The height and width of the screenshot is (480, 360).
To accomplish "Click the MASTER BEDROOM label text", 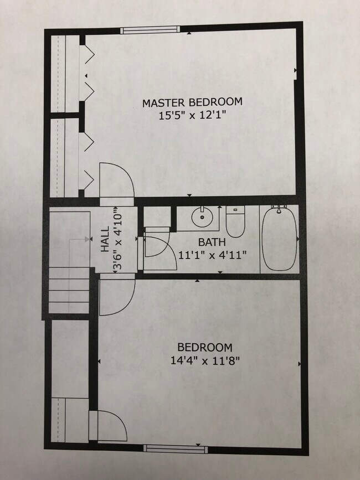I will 192,102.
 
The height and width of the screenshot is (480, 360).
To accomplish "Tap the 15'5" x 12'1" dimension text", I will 192,116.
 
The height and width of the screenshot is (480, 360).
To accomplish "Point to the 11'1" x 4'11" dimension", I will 212,255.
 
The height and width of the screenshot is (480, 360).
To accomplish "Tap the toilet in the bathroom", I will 235,224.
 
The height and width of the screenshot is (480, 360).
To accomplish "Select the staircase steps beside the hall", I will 68,290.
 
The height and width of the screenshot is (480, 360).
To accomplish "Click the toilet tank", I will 235,210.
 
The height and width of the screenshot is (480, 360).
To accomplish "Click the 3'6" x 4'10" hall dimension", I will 117,242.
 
